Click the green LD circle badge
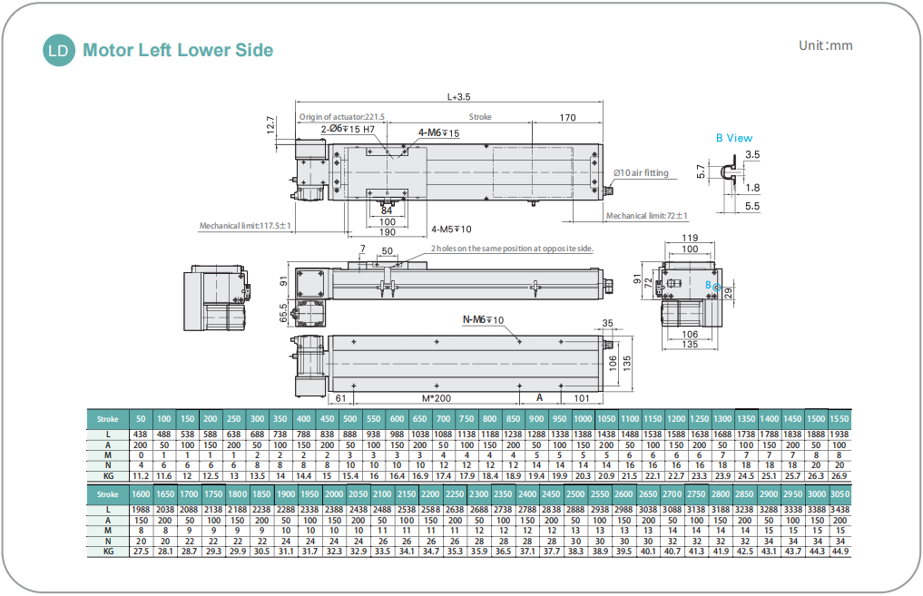pyautogui.click(x=60, y=51)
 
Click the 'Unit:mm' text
pyautogui.click(x=825, y=45)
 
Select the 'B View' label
pyautogui.click(x=733, y=138)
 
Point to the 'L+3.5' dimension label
pyautogui.click(x=459, y=96)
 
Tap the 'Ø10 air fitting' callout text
pyautogui.click(x=641, y=172)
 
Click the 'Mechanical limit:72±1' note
pyautogui.click(x=647, y=216)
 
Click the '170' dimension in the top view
pyautogui.click(x=567, y=117)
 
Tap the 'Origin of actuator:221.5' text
pyautogui.click(x=342, y=117)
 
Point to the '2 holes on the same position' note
pyautogui.click(x=511, y=248)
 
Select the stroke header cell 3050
pyautogui.click(x=840, y=494)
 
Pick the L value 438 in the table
pyautogui.click(x=141, y=435)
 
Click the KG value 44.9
pyautogui.click(x=840, y=552)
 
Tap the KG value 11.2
pyautogui.click(x=141, y=475)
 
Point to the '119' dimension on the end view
pyautogui.click(x=689, y=239)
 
